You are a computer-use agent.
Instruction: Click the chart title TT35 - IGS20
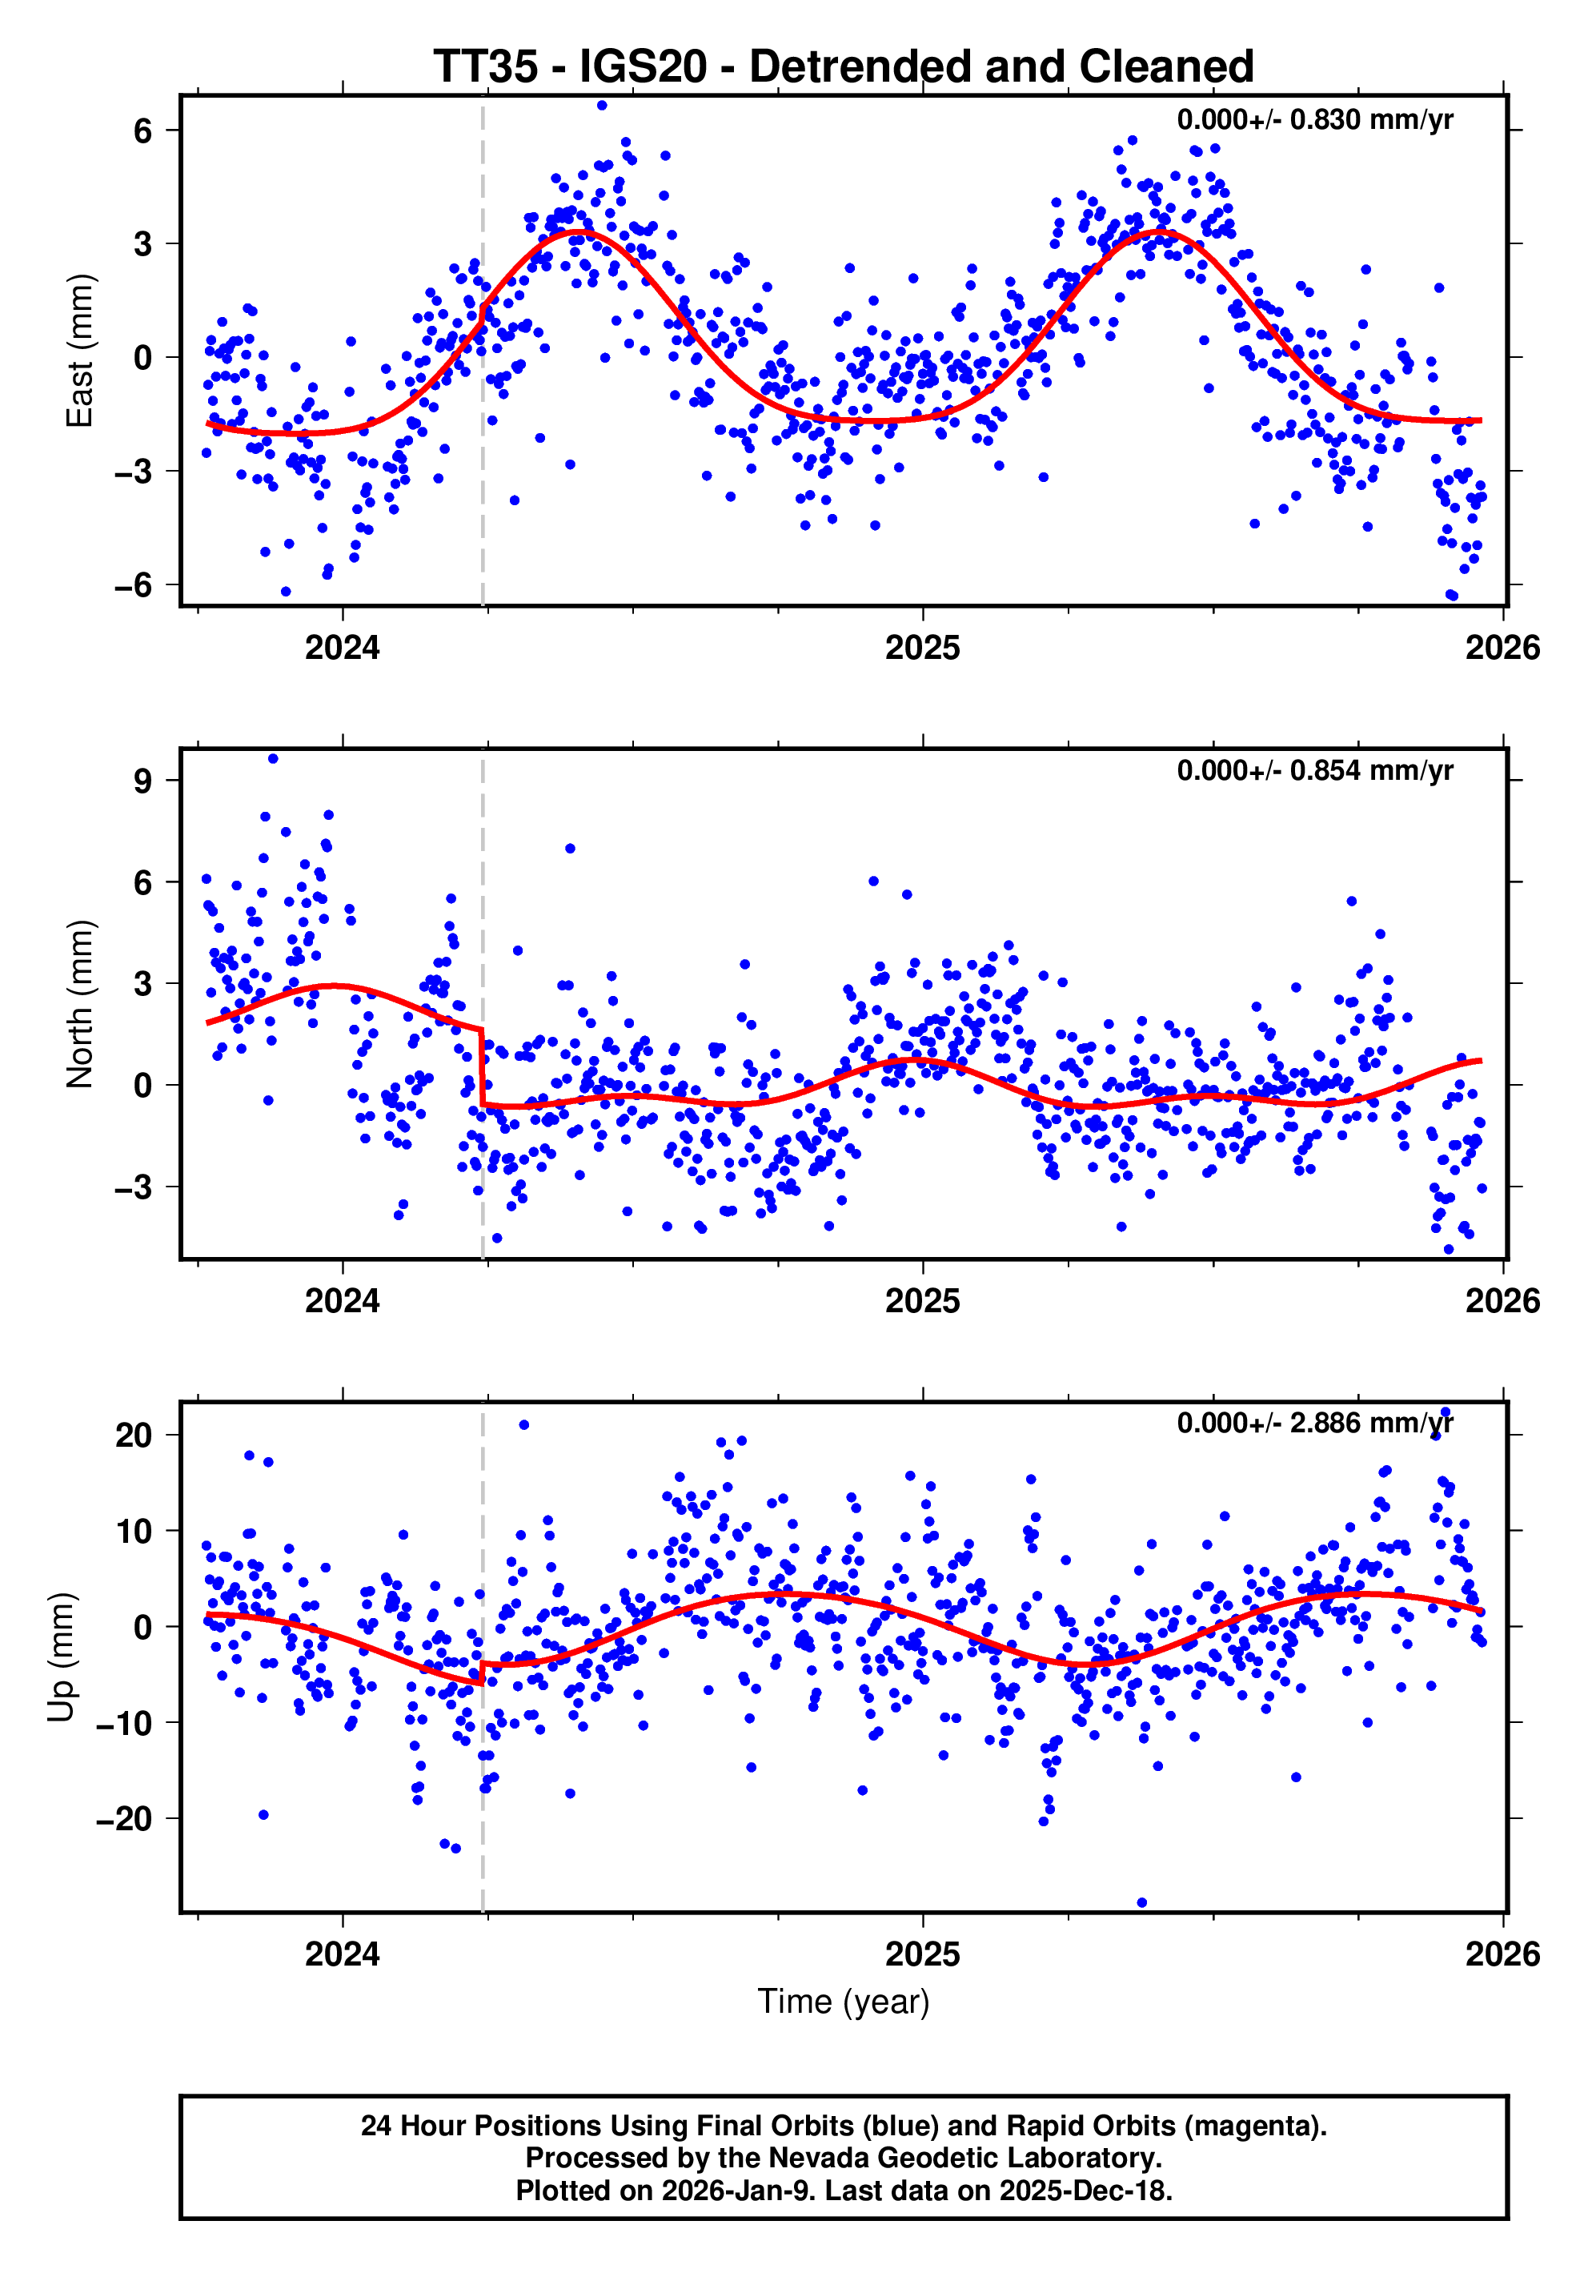pyautogui.click(x=843, y=67)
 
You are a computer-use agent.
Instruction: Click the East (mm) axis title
pyautogui.click(x=79, y=351)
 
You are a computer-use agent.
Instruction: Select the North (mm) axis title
pyautogui.click(x=79, y=1004)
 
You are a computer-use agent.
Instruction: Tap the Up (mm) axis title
pyautogui.click(x=62, y=1657)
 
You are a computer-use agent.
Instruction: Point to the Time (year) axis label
pyautogui.click(x=843, y=2001)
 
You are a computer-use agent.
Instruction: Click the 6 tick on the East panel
pyautogui.click(x=143, y=131)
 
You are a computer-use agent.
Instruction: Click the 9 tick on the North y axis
pyautogui.click(x=143, y=781)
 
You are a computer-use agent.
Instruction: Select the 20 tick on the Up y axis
pyautogui.click(x=134, y=1435)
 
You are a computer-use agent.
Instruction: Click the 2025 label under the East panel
pyautogui.click(x=922, y=649)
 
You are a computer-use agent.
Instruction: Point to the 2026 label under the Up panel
pyautogui.click(x=1502, y=1954)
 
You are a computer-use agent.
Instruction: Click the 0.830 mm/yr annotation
pyautogui.click(x=1314, y=119)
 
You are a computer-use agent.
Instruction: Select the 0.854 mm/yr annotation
pyautogui.click(x=1314, y=771)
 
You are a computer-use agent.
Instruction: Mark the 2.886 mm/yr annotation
pyautogui.click(x=1314, y=1423)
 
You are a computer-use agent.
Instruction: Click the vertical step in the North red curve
pyautogui.click(x=482, y=1067)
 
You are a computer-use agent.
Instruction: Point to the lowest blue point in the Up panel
pyautogui.click(x=1142, y=1902)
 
